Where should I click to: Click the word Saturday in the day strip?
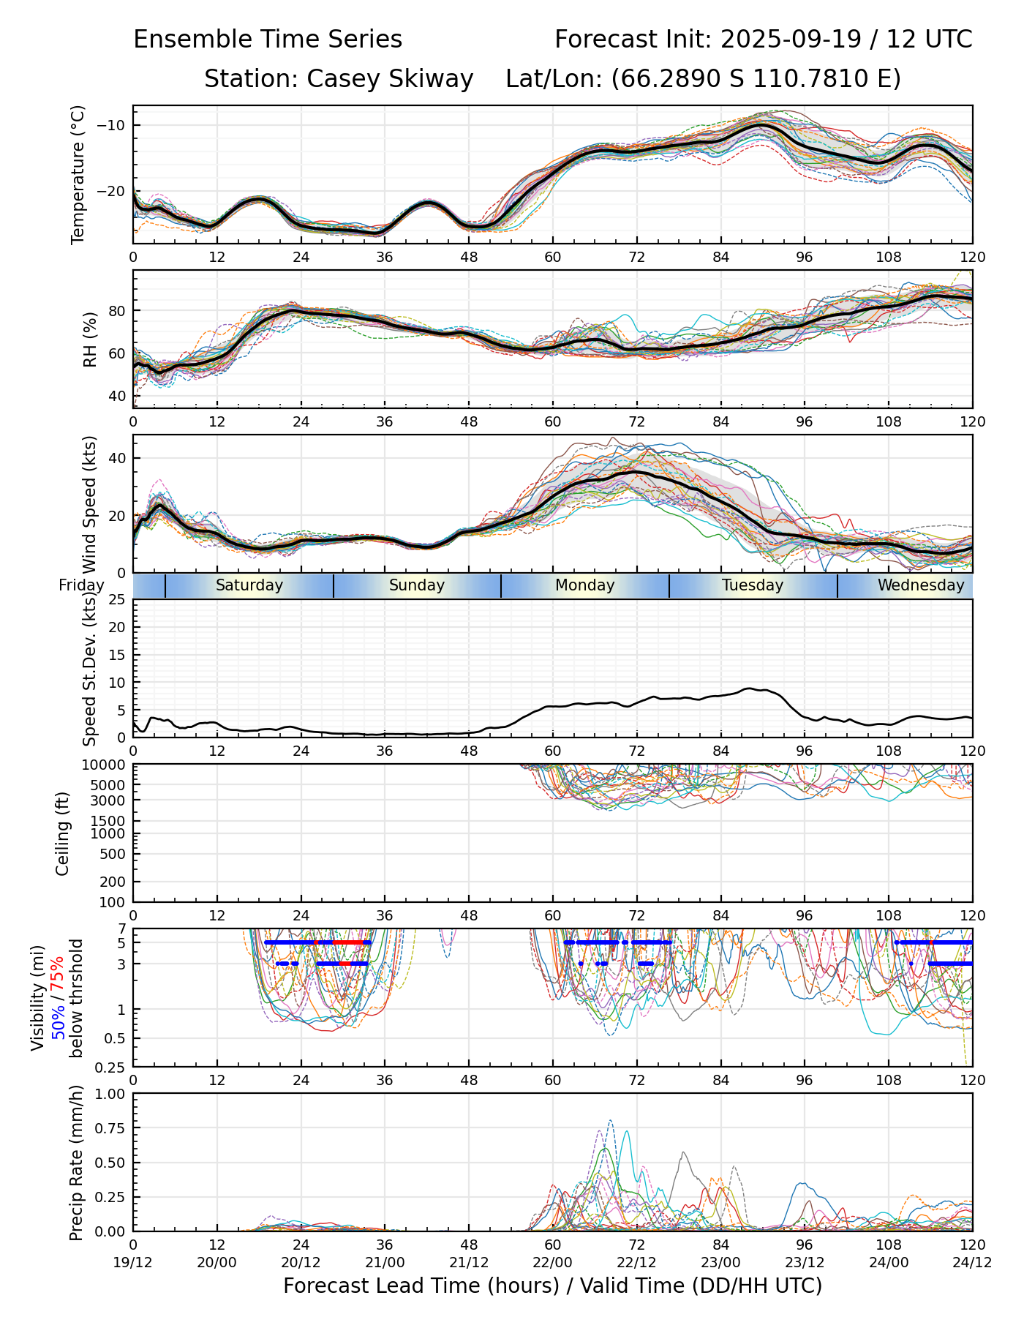pyautogui.click(x=249, y=585)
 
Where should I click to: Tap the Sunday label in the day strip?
pyautogui.click(x=417, y=585)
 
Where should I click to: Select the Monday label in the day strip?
pyautogui.click(x=584, y=585)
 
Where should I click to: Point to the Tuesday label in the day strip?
pyautogui.click(x=753, y=585)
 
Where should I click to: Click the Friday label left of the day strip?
pyautogui.click(x=81, y=586)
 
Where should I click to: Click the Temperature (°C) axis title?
pyautogui.click(x=78, y=174)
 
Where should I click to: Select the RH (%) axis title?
pyautogui.click(x=90, y=339)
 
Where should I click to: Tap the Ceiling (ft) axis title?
pyautogui.click(x=63, y=833)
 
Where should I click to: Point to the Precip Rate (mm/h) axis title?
pyautogui.click(x=76, y=1163)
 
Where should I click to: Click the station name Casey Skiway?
pyautogui.click(x=390, y=78)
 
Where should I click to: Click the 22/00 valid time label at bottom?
pyautogui.click(x=552, y=1262)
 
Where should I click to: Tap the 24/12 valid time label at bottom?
pyautogui.click(x=972, y=1262)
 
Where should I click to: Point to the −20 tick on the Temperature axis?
pyautogui.click(x=110, y=192)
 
